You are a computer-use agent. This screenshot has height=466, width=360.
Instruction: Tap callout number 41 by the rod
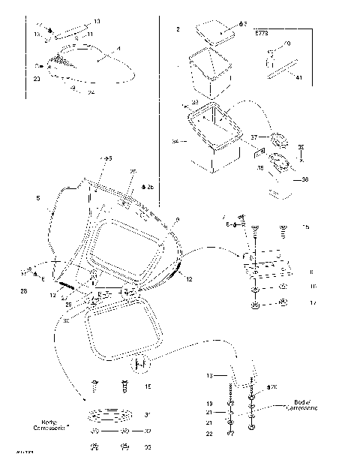tap(298, 77)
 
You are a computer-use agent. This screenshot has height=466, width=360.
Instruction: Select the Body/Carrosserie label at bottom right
tap(304, 404)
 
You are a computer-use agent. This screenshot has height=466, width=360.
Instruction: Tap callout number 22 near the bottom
tap(210, 434)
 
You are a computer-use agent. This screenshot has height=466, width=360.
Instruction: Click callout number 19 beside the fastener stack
tap(210, 403)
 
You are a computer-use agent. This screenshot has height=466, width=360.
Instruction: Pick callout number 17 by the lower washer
tap(313, 303)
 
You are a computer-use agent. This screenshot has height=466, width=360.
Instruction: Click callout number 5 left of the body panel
tap(38, 199)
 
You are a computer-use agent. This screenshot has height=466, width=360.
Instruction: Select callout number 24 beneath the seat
tap(91, 93)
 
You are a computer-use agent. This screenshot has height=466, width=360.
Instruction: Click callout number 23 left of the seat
tap(37, 79)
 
